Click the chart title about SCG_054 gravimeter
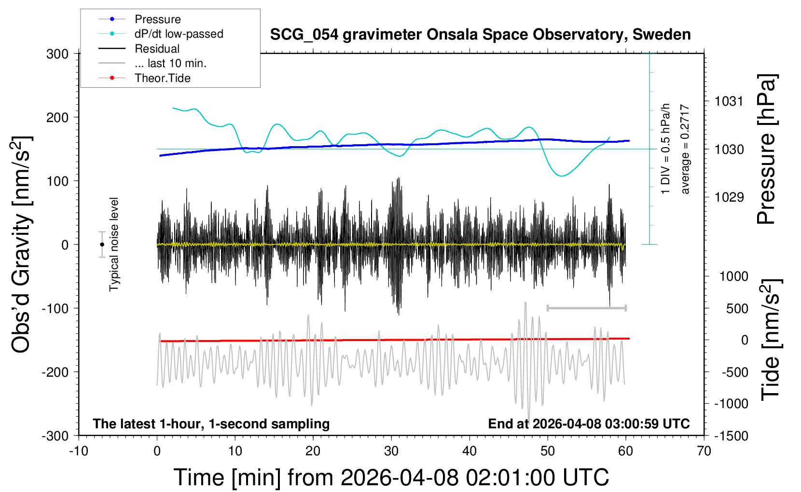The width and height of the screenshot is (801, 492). pos(480,35)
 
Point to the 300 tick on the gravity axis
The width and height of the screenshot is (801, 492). pos(57,54)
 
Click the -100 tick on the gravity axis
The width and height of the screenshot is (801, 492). pos(55,308)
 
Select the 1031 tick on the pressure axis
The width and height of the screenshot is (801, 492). pos(729,101)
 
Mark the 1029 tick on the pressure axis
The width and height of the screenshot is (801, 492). pos(729,197)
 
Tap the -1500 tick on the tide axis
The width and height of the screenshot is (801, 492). pos(731,436)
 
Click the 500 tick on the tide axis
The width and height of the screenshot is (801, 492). pos(737,308)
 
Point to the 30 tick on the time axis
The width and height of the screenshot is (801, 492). pos(391,451)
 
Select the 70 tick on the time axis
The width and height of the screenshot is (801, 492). pos(704,451)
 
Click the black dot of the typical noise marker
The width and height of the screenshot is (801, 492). pos(102,245)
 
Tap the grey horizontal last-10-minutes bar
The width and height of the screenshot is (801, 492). pos(586,308)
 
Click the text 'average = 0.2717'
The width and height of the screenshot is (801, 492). pos(684,149)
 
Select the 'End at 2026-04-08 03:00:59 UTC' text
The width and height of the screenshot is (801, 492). pos(589,424)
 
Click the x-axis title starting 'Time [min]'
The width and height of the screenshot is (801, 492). pos(391,478)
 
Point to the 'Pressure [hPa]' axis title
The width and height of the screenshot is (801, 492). pos(766,149)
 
